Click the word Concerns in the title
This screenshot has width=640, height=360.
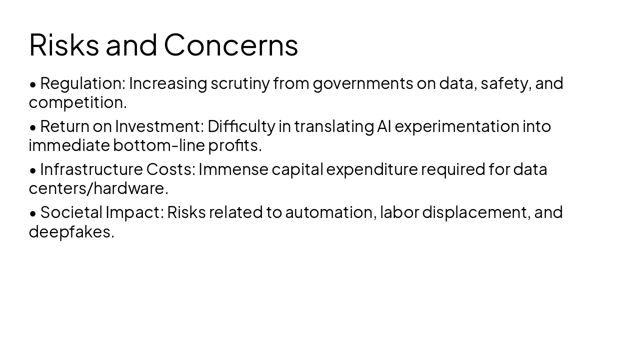231,45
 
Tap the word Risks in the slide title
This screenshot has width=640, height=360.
64,45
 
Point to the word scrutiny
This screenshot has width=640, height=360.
240,83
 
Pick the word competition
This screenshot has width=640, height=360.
77,102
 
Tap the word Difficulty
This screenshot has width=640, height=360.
241,126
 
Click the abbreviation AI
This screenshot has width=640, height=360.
384,126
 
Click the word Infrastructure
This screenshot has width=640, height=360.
91,169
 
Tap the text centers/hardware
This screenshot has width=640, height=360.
98,188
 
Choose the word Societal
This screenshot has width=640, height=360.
71,212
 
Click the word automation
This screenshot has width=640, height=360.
330,212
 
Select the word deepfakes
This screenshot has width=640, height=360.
71,231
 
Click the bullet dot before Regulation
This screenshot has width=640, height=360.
33,84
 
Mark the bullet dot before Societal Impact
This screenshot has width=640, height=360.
33,213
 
